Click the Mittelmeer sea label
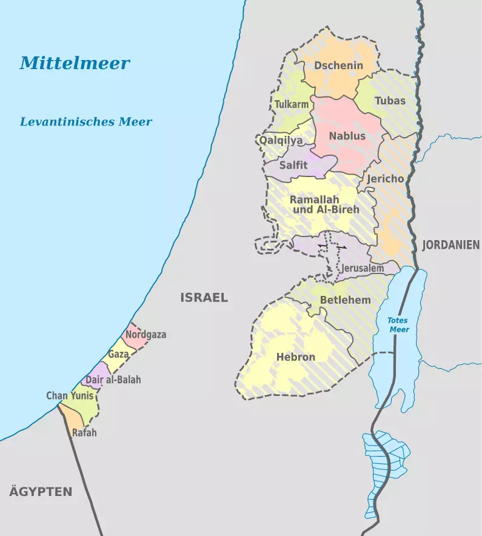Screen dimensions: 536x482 tap(75, 63)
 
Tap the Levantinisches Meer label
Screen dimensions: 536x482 tap(86, 122)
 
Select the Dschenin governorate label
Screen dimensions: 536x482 tap(338, 66)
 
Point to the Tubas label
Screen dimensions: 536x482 tap(390, 101)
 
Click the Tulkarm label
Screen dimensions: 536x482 tap(292, 105)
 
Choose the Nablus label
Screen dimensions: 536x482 tap(347, 136)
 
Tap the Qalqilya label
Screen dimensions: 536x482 tap(281, 140)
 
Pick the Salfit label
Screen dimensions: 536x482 tap(294, 164)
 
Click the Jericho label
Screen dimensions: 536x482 tap(385, 179)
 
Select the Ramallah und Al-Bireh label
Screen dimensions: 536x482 tap(324, 204)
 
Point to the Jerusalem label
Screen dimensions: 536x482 tap(363, 268)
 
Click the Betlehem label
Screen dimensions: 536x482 tap(345, 300)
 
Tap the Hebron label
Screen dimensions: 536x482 tap(296, 357)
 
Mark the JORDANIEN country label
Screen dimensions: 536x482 tap(451, 246)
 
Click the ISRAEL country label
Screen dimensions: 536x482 tap(204, 298)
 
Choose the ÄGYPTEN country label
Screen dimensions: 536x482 tap(41, 492)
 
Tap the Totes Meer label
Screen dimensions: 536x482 tap(399, 325)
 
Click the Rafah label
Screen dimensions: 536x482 tap(84, 433)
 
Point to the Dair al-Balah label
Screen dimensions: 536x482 tap(113, 380)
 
